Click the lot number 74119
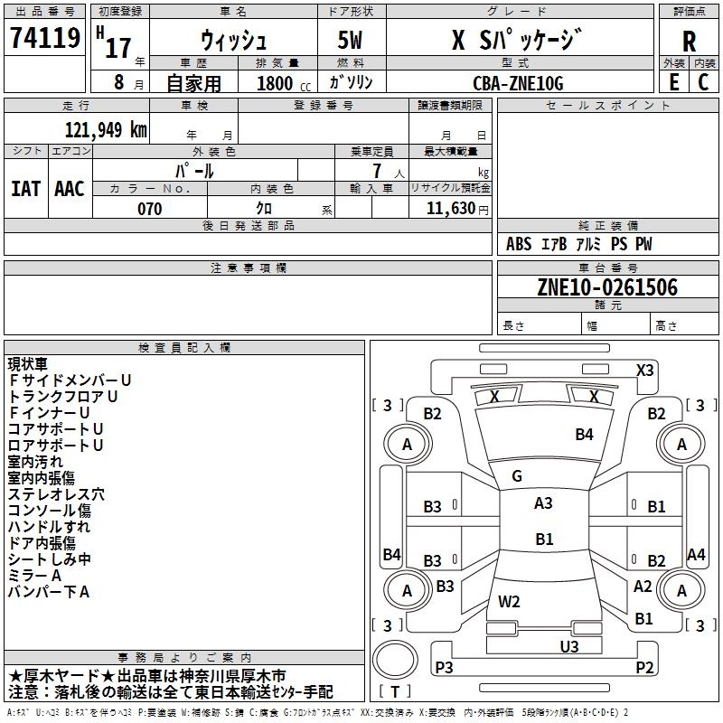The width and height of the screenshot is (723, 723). click(45, 38)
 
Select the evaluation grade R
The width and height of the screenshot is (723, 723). click(689, 41)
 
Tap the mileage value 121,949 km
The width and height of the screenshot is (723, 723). click(106, 130)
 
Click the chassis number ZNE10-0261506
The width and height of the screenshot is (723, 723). click(607, 287)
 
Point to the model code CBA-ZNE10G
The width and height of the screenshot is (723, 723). click(518, 83)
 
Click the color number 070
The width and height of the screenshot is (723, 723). click(150, 209)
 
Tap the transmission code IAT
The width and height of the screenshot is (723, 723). click(26, 189)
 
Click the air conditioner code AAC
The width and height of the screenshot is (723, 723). click(70, 189)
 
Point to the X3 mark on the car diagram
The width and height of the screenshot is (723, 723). click(644, 371)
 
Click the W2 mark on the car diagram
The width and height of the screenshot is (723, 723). click(509, 601)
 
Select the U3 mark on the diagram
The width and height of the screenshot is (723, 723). click(569, 646)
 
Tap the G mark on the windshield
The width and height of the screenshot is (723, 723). click(517, 476)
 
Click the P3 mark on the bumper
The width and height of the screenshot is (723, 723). click(444, 667)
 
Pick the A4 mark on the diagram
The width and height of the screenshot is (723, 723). click(696, 554)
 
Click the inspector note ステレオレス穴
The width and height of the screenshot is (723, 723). click(56, 494)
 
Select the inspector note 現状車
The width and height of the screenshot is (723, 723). click(28, 364)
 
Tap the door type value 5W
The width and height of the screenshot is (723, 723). click(350, 40)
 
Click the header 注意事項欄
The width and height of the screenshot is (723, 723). click(249, 268)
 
